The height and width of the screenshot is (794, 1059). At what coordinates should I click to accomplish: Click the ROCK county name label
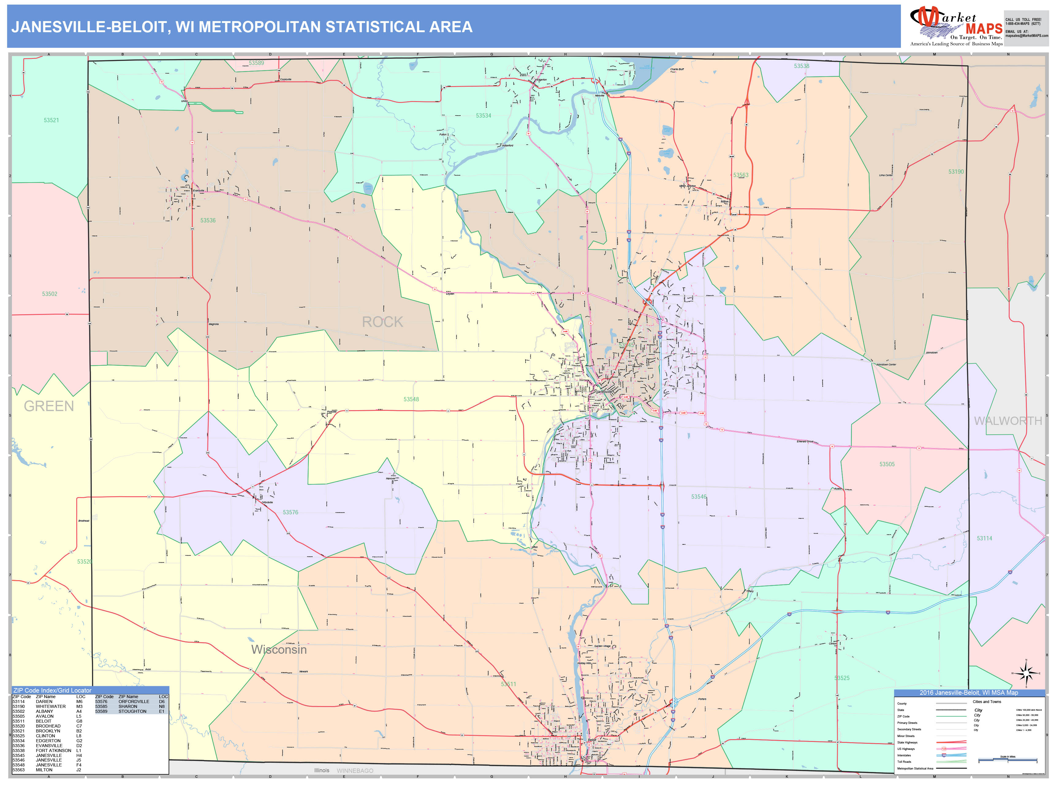point(382,322)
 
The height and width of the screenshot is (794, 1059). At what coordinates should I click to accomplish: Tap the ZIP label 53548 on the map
point(411,399)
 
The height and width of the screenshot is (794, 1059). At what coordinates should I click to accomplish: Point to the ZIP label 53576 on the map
point(290,512)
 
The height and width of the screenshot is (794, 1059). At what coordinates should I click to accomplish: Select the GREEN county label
point(49,406)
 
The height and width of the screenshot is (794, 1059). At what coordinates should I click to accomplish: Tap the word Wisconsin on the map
point(279,649)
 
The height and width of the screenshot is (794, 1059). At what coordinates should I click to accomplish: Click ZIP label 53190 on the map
point(956,171)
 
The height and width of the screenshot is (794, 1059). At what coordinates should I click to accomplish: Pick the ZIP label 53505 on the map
point(887,464)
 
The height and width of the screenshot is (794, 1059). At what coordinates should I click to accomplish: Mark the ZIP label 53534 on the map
point(483,116)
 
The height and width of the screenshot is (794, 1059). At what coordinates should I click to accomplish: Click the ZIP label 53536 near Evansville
point(208,221)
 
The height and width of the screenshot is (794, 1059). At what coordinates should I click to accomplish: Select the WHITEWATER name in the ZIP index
point(51,706)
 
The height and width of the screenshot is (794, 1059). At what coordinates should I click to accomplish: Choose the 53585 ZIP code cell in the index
point(101,706)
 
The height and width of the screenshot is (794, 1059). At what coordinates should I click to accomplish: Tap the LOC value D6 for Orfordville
point(162,701)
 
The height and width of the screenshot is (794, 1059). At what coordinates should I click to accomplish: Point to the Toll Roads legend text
point(904,762)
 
